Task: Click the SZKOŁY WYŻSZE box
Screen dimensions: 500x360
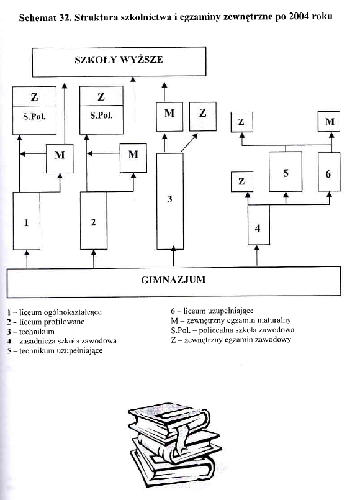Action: [x=119, y=60]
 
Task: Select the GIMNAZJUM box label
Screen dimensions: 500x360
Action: [x=174, y=280]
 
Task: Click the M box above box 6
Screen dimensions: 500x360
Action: [x=329, y=122]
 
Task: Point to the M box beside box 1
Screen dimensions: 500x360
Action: [x=60, y=155]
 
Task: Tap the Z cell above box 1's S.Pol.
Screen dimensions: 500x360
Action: [x=35, y=97]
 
